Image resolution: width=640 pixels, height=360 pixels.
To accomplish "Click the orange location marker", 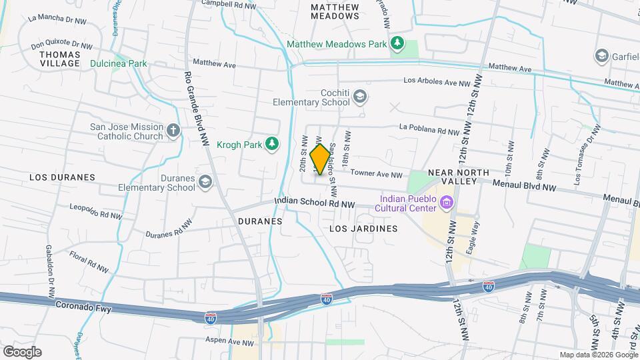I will (321, 160).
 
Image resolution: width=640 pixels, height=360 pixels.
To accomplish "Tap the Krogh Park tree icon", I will (271, 143).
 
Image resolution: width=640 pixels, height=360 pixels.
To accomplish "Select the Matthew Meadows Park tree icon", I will (397, 44).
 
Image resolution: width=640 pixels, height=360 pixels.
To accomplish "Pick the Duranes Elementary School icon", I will (206, 182).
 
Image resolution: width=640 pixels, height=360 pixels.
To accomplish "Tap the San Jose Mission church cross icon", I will (173, 130).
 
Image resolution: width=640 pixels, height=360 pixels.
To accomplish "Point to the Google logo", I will (22, 351).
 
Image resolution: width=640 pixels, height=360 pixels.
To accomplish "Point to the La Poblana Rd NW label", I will (429, 129).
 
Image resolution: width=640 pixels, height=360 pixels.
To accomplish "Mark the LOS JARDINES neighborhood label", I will (364, 228).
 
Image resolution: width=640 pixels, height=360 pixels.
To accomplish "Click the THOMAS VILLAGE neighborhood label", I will (60, 59).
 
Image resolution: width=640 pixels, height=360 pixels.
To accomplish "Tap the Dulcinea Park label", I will (119, 64).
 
